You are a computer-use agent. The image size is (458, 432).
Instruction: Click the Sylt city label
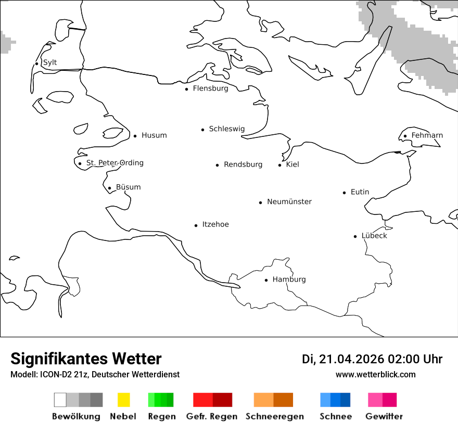(x=50, y=63)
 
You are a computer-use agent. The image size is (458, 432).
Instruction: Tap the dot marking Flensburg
(x=187, y=89)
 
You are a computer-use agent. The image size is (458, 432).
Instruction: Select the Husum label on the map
(x=154, y=135)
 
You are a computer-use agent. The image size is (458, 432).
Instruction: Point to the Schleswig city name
(x=226, y=129)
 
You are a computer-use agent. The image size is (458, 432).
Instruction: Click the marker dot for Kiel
(x=280, y=165)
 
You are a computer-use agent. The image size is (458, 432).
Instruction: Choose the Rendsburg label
(x=243, y=164)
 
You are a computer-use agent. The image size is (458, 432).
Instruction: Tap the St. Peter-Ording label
(x=115, y=163)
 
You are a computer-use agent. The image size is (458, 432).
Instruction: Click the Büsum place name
(x=128, y=187)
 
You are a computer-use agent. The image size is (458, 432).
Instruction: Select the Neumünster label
(x=289, y=202)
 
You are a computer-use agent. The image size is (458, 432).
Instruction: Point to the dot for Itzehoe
(x=196, y=225)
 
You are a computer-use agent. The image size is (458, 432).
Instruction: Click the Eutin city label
(x=360, y=192)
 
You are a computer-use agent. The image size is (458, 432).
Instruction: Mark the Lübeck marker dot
(x=355, y=236)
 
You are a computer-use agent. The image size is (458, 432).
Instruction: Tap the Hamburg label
(x=289, y=279)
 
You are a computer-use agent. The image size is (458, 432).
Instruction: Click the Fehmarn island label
(x=427, y=135)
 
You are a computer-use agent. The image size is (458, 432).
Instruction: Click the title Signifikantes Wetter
(x=86, y=359)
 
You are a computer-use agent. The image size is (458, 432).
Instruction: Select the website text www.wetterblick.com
(x=376, y=375)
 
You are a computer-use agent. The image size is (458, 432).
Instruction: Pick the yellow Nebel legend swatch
(x=123, y=400)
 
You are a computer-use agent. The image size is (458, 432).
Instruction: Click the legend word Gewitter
(x=384, y=416)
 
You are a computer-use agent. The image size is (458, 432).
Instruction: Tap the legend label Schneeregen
(x=275, y=416)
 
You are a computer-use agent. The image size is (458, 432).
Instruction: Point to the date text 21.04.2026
(x=351, y=359)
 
